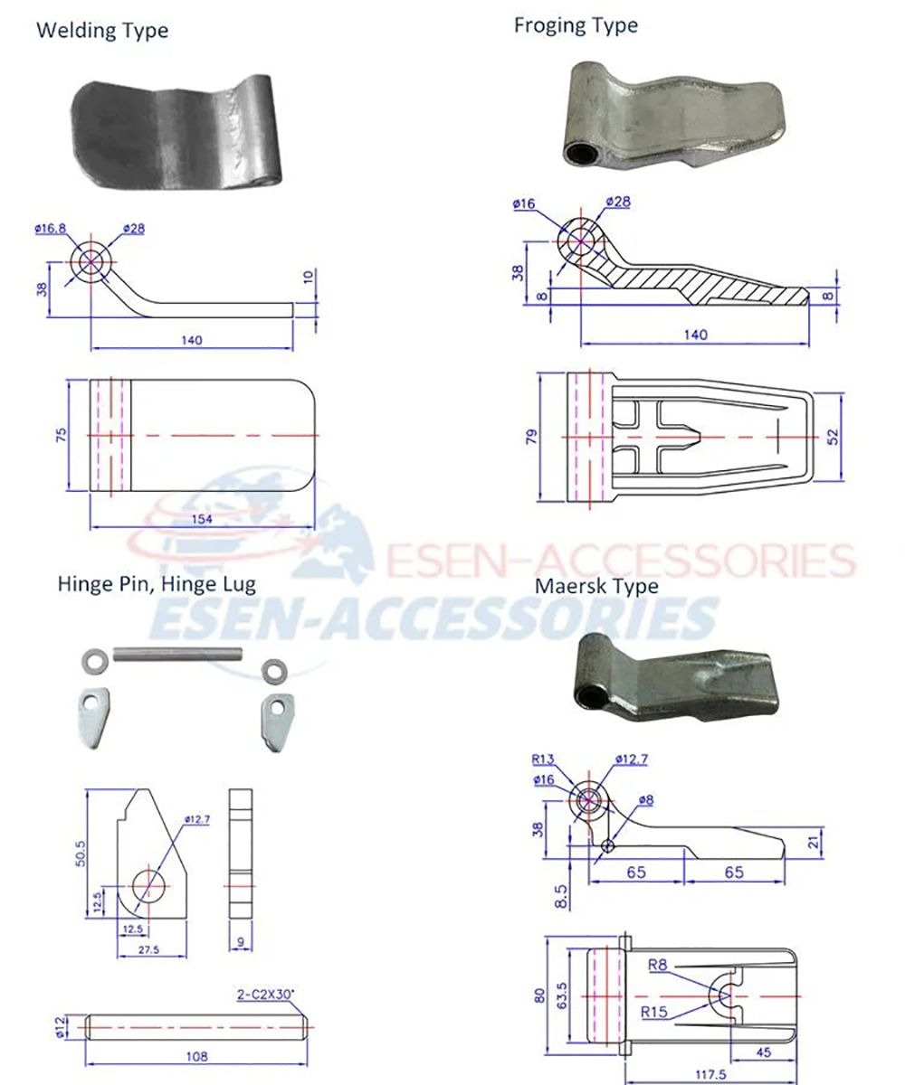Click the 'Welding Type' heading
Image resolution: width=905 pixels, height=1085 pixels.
(x=102, y=30)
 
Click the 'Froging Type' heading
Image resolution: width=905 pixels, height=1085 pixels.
(x=576, y=26)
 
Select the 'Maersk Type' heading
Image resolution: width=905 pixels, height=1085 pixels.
(x=596, y=586)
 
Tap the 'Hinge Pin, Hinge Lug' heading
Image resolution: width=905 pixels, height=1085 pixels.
(x=157, y=584)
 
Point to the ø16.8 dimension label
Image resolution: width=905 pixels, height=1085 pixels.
(x=51, y=229)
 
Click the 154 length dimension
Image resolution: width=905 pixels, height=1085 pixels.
(x=202, y=519)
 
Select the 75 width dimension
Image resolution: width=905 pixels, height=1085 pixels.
(x=62, y=435)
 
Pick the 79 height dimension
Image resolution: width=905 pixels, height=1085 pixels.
(x=531, y=436)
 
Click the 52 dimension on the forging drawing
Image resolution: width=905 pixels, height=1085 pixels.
(x=833, y=436)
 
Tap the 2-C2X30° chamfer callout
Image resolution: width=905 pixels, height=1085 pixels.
(x=265, y=995)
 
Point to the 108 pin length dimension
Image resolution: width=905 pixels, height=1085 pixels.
(x=196, y=1056)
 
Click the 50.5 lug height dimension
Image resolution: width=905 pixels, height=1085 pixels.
(x=81, y=854)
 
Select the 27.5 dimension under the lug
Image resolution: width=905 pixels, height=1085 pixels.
(x=148, y=950)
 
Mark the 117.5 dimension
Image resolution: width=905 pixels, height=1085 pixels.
(x=711, y=1074)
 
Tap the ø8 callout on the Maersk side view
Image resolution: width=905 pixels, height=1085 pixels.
(x=645, y=799)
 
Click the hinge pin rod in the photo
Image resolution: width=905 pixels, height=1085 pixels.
(x=178, y=653)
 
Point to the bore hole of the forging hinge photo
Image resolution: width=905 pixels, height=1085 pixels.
(x=582, y=154)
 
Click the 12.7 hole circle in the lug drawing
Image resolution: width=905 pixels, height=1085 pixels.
(x=148, y=886)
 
